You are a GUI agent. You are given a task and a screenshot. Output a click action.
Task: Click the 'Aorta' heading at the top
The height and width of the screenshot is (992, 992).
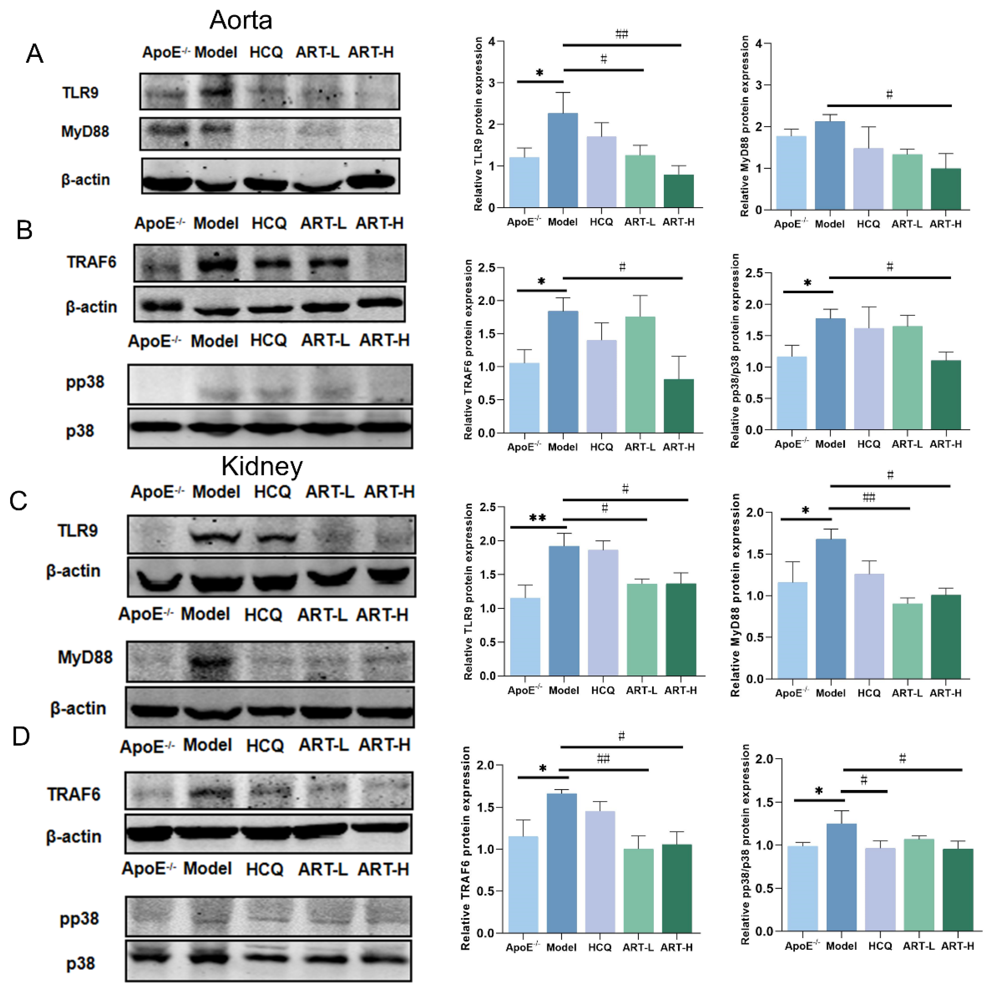point(241,21)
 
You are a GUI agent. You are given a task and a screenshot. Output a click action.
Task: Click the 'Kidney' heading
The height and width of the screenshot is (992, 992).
point(262,466)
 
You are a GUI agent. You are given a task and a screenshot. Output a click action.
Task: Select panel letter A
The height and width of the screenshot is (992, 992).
point(34,53)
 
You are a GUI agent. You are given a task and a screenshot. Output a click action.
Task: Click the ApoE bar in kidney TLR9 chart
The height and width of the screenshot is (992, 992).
point(525,637)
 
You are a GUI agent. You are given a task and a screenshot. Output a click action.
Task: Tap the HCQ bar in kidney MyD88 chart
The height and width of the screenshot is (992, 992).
point(869,627)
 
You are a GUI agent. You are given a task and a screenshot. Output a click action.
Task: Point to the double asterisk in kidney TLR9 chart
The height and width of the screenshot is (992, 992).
point(537,518)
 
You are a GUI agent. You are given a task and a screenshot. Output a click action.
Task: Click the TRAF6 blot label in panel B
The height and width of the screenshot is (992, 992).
point(92,262)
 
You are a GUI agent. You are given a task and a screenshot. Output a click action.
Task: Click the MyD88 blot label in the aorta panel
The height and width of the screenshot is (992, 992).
point(85,132)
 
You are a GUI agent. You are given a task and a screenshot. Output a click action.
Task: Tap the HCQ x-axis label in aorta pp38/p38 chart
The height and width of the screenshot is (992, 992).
point(868,444)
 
